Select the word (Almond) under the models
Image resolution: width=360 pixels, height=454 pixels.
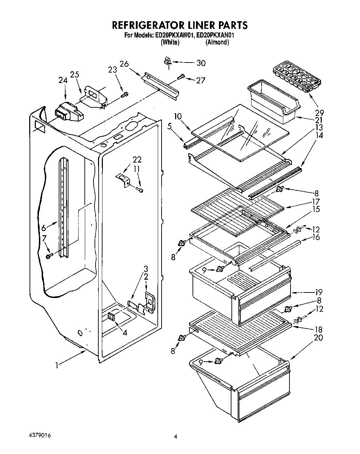click(217, 42)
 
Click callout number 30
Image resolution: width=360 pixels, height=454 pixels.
click(201, 63)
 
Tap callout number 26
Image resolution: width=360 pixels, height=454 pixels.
click(124, 64)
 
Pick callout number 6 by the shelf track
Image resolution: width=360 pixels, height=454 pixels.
click(44, 228)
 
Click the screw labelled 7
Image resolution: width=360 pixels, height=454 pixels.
click(49, 256)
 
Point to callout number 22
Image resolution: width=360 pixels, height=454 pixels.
click(137, 159)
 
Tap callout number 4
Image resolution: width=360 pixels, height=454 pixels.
click(125, 332)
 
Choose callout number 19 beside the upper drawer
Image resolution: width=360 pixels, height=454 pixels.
click(319, 292)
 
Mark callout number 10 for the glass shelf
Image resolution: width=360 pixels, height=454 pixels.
click(178, 116)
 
